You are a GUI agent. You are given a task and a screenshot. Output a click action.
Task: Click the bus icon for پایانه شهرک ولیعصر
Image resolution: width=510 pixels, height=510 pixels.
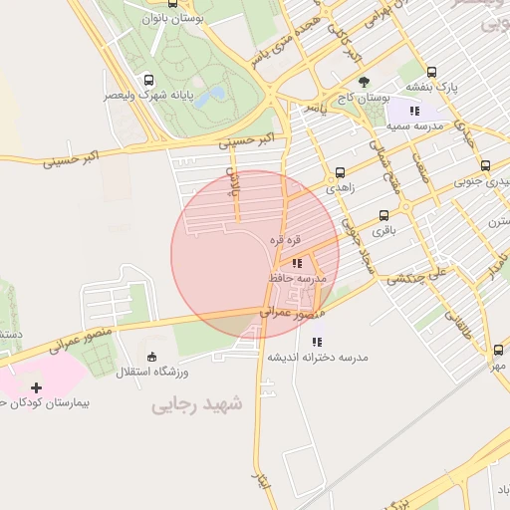pos(148,81)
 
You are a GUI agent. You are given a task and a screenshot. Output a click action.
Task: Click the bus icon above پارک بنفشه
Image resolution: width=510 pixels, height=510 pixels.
pos(432,72)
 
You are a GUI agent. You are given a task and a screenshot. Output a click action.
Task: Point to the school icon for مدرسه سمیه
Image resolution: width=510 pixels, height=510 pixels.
pos(414,112)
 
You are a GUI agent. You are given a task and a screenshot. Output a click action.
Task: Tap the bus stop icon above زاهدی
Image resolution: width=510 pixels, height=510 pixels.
pos(341,171)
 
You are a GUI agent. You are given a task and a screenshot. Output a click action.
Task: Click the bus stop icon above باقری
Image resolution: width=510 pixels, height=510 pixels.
pos(384,215)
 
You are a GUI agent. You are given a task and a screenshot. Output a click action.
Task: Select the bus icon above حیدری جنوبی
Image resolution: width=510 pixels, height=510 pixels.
pos(485,165)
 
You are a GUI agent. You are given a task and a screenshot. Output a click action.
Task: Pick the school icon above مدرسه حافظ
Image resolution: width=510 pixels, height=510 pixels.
pos(297,263)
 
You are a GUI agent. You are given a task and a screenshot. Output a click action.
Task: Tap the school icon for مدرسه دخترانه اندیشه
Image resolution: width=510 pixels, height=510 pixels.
pos(318,342)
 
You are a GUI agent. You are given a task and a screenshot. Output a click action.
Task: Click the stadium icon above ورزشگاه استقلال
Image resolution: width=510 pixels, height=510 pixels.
pos(151,357)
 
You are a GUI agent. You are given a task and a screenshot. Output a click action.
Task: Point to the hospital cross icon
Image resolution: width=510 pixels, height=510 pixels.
pos(37,387)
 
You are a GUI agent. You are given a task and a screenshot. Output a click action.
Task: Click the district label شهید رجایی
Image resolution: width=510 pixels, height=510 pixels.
pos(197,404)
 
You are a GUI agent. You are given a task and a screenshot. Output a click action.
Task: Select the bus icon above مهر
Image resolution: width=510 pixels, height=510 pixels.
pos(497,350)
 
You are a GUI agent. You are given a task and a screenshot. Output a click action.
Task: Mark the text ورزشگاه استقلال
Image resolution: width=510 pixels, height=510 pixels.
pos(146,373)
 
